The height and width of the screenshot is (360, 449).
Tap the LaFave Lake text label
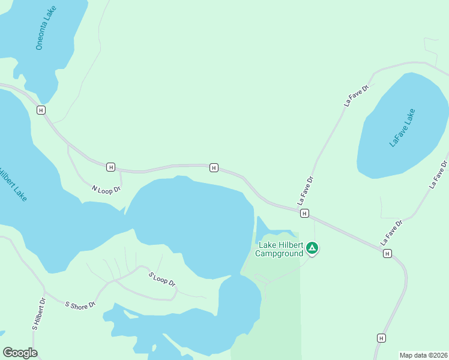[x=402, y=127]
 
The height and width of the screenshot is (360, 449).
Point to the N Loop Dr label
[x=106, y=188]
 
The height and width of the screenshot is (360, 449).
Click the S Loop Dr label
[x=161, y=279]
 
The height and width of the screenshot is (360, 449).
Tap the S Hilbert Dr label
[x=39, y=314]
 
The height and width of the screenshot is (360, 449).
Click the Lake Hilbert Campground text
[x=279, y=249]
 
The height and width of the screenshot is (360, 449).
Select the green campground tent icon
[x=312, y=248]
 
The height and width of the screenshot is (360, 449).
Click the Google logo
[x=20, y=353]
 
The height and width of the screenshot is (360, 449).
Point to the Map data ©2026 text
[x=423, y=355]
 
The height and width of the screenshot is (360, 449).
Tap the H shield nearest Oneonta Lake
[x=41, y=110]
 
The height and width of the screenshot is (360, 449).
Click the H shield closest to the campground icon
[x=304, y=213]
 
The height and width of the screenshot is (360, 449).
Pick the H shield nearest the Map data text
[x=381, y=338]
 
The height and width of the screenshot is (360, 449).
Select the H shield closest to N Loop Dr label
[x=110, y=167]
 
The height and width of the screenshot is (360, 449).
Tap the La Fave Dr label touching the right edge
[x=439, y=175]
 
